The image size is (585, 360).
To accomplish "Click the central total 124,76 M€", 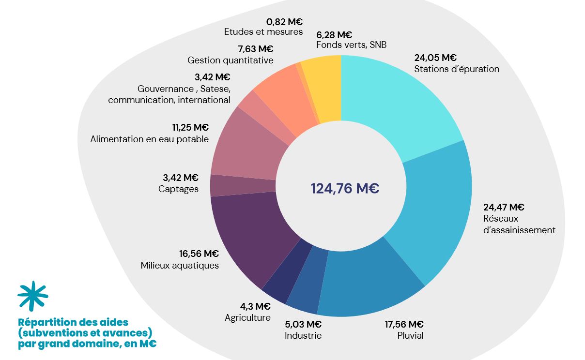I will point(344,188).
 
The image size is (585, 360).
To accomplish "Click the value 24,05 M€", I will point(435,58).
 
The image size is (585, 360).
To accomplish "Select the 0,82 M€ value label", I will point(284,21).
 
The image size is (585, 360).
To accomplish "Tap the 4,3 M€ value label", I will point(255,306).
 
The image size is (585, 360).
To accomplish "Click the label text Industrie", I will point(303,336).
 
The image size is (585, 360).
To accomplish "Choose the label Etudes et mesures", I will point(263,32).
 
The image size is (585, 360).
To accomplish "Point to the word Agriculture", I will point(247,318).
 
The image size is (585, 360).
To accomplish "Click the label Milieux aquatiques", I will point(180,265).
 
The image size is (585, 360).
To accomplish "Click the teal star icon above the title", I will point(32,295).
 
